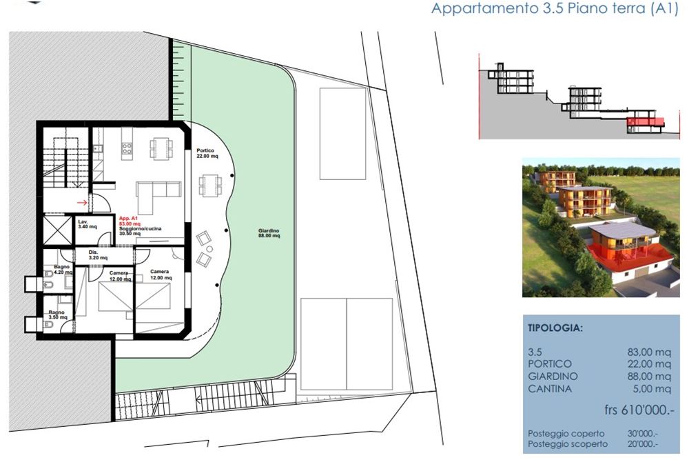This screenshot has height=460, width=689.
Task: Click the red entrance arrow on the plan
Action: pos(81,203)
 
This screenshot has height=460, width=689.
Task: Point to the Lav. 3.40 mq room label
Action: pos(87,223)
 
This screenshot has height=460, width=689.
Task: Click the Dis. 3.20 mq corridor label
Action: pos(97,254)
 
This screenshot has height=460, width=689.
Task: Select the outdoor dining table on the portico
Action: pos(209,184)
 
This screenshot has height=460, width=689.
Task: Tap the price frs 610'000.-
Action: pos(637,410)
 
